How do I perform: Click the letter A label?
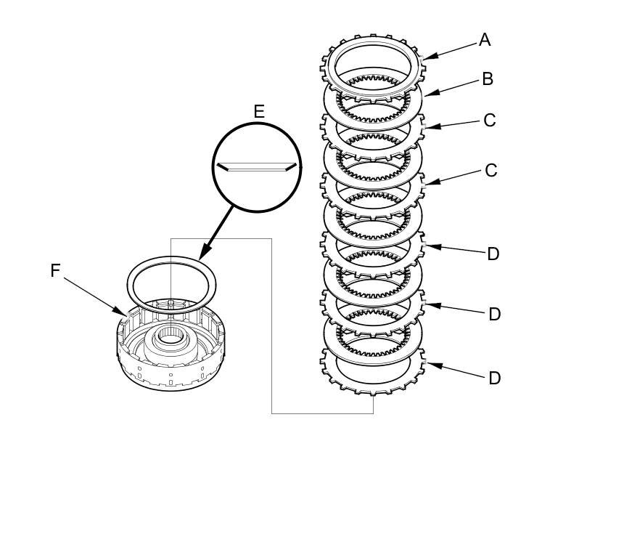485,40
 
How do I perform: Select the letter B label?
488,79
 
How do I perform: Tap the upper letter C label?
490,120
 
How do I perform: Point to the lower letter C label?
491,171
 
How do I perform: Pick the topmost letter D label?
493,254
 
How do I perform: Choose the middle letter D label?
494,315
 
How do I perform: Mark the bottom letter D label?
494,379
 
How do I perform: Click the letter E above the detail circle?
258,111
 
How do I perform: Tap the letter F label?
55,271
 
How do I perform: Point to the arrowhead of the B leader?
426,94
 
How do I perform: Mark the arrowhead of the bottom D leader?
430,363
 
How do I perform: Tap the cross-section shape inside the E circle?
258,166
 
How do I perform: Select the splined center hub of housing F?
171,335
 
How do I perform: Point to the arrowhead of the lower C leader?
428,183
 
